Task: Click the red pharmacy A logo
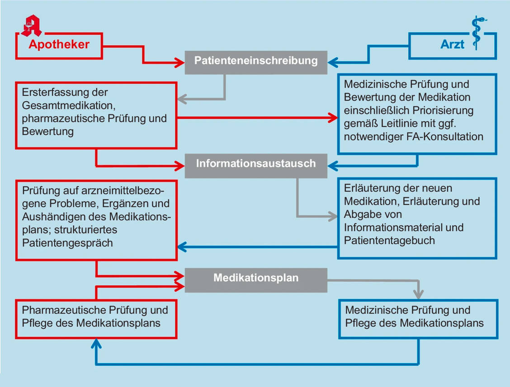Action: click(x=31, y=25)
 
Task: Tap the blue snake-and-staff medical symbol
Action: click(x=476, y=32)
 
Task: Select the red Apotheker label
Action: click(x=59, y=44)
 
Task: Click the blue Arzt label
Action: click(x=452, y=44)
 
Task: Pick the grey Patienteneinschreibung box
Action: click(x=256, y=61)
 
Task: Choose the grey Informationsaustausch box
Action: click(x=256, y=163)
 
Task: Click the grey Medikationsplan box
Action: click(x=256, y=278)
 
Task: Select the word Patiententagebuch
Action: click(x=389, y=240)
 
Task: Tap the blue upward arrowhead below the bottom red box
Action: click(x=96, y=344)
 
